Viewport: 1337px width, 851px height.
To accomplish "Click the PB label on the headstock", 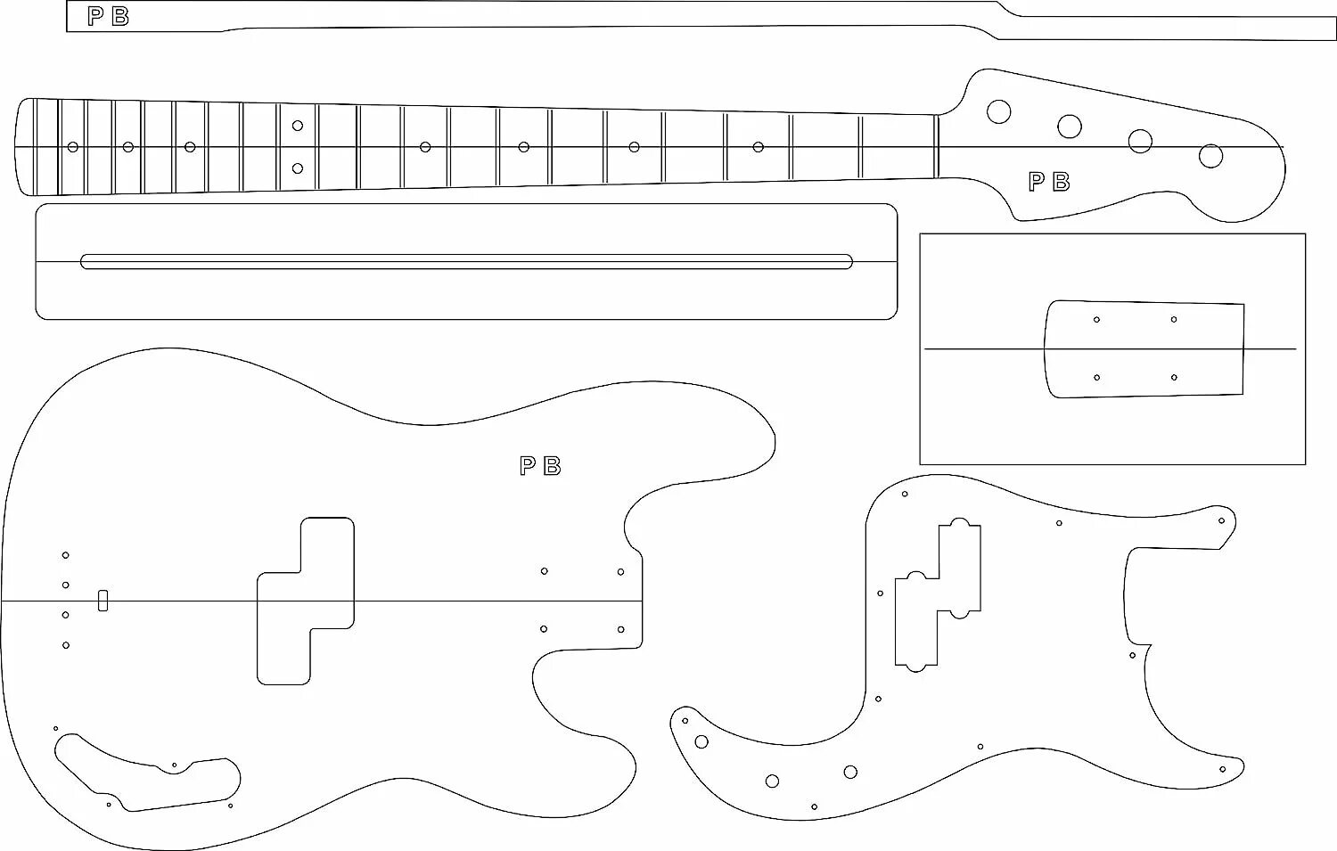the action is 1048,182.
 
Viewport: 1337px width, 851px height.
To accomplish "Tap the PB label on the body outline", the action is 540,466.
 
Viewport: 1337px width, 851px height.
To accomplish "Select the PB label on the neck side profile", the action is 108,17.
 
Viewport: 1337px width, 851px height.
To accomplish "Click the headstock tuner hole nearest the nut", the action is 998,111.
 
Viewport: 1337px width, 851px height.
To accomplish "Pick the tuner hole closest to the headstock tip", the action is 1210,156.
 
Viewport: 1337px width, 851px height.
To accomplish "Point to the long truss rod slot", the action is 466,262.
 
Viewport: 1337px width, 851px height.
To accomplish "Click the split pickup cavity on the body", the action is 306,601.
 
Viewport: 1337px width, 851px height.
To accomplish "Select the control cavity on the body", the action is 147,772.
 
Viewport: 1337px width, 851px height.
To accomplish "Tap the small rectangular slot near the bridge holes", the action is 103,600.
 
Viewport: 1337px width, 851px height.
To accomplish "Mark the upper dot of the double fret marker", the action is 298,126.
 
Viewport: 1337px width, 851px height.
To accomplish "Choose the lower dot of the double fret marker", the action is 298,168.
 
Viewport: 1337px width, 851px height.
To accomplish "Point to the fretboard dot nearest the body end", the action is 73,147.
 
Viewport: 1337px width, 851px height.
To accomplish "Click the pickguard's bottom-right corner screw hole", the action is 1223,768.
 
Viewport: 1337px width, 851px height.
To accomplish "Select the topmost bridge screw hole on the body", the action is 65,555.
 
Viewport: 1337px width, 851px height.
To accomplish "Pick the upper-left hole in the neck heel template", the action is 1096,319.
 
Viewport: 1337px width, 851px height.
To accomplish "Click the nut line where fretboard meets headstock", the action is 938,147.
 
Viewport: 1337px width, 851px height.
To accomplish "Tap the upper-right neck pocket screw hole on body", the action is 620,572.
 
